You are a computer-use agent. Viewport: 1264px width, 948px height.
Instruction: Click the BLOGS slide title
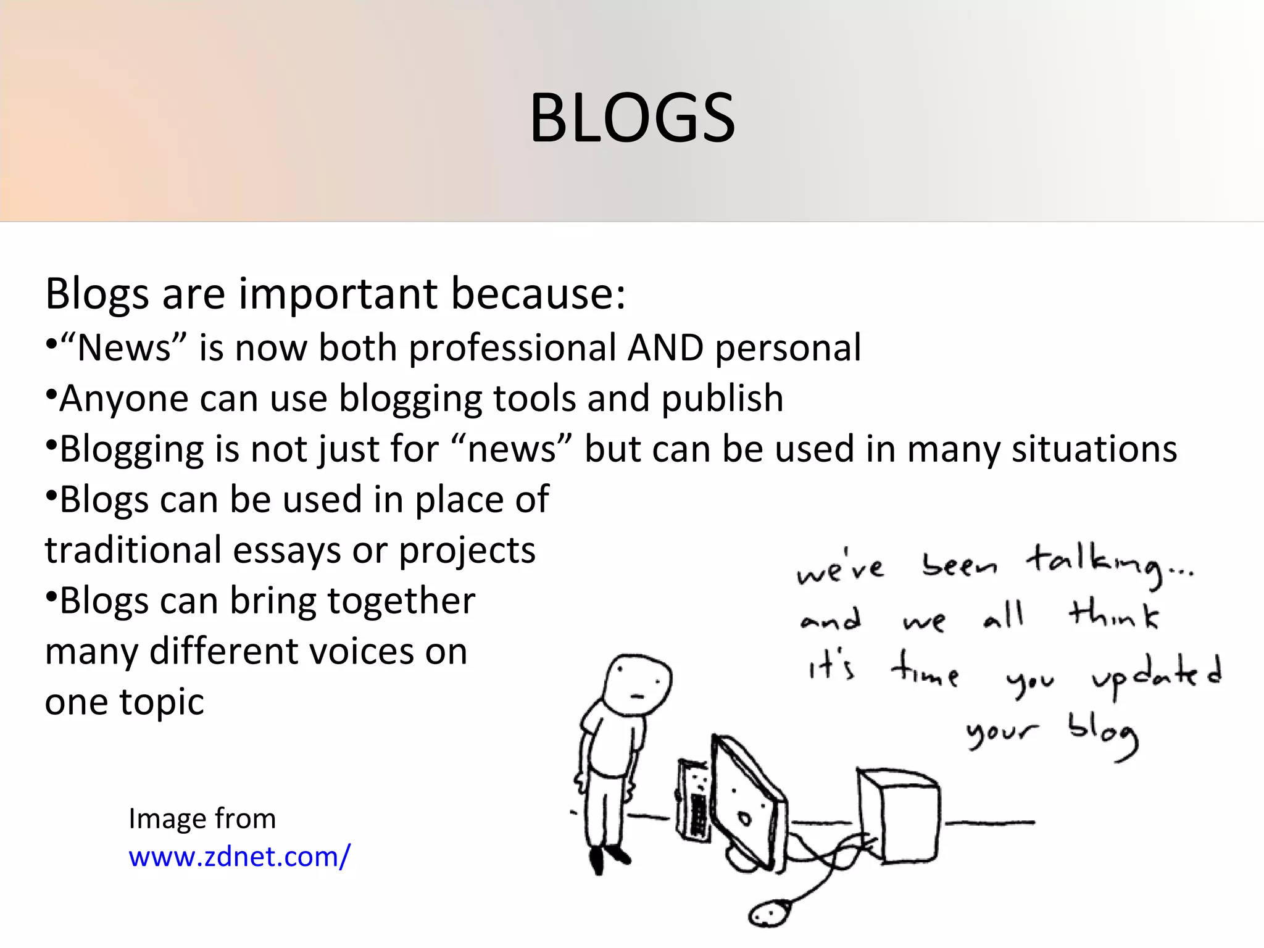tap(632, 118)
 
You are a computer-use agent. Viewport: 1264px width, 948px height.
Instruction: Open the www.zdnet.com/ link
tap(239, 857)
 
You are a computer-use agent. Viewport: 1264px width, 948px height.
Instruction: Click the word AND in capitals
tap(665, 347)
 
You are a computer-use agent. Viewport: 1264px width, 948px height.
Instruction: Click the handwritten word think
tap(1114, 615)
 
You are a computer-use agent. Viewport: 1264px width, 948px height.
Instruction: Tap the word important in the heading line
tap(338, 294)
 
